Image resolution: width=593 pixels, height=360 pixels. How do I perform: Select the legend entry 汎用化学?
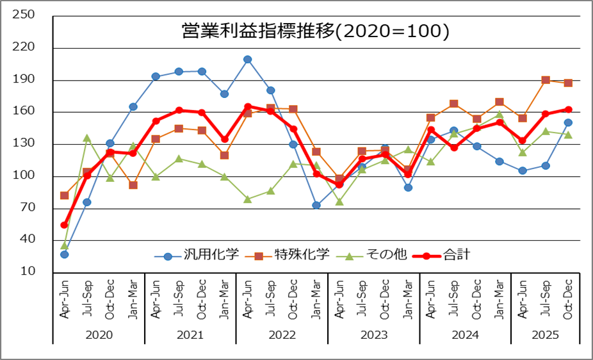[x=197, y=256]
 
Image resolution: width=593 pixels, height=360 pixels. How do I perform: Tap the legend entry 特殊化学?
[x=288, y=256]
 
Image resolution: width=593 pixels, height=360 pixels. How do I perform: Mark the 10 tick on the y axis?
[x=27, y=272]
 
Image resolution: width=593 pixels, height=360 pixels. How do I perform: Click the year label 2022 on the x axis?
[x=282, y=335]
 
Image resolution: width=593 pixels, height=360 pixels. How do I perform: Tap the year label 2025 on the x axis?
[x=545, y=335]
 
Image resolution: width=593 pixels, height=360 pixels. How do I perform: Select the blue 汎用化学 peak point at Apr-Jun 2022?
[x=247, y=60]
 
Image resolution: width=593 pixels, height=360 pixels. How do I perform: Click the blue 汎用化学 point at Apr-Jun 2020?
[x=64, y=254]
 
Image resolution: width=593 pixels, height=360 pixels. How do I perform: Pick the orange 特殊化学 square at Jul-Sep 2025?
[x=546, y=80]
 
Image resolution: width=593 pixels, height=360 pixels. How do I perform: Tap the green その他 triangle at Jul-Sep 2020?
[x=87, y=138]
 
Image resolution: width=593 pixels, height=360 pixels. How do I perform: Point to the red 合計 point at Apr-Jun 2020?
[x=64, y=225]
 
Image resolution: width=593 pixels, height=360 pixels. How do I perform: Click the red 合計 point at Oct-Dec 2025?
[x=568, y=110]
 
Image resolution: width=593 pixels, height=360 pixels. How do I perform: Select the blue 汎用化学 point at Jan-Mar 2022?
[x=316, y=205]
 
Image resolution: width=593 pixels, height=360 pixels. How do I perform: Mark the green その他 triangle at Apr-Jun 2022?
[x=247, y=199]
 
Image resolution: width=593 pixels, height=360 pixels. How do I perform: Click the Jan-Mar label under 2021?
[x=225, y=299]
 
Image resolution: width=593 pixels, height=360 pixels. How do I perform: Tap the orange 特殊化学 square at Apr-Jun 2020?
[x=64, y=195]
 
